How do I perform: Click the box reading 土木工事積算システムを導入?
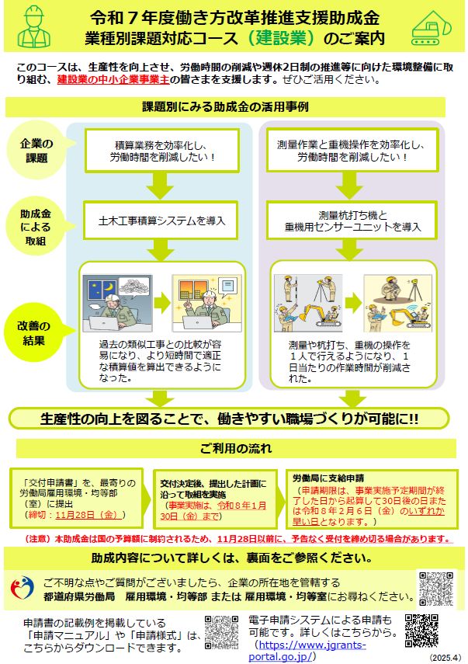click(163, 221)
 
